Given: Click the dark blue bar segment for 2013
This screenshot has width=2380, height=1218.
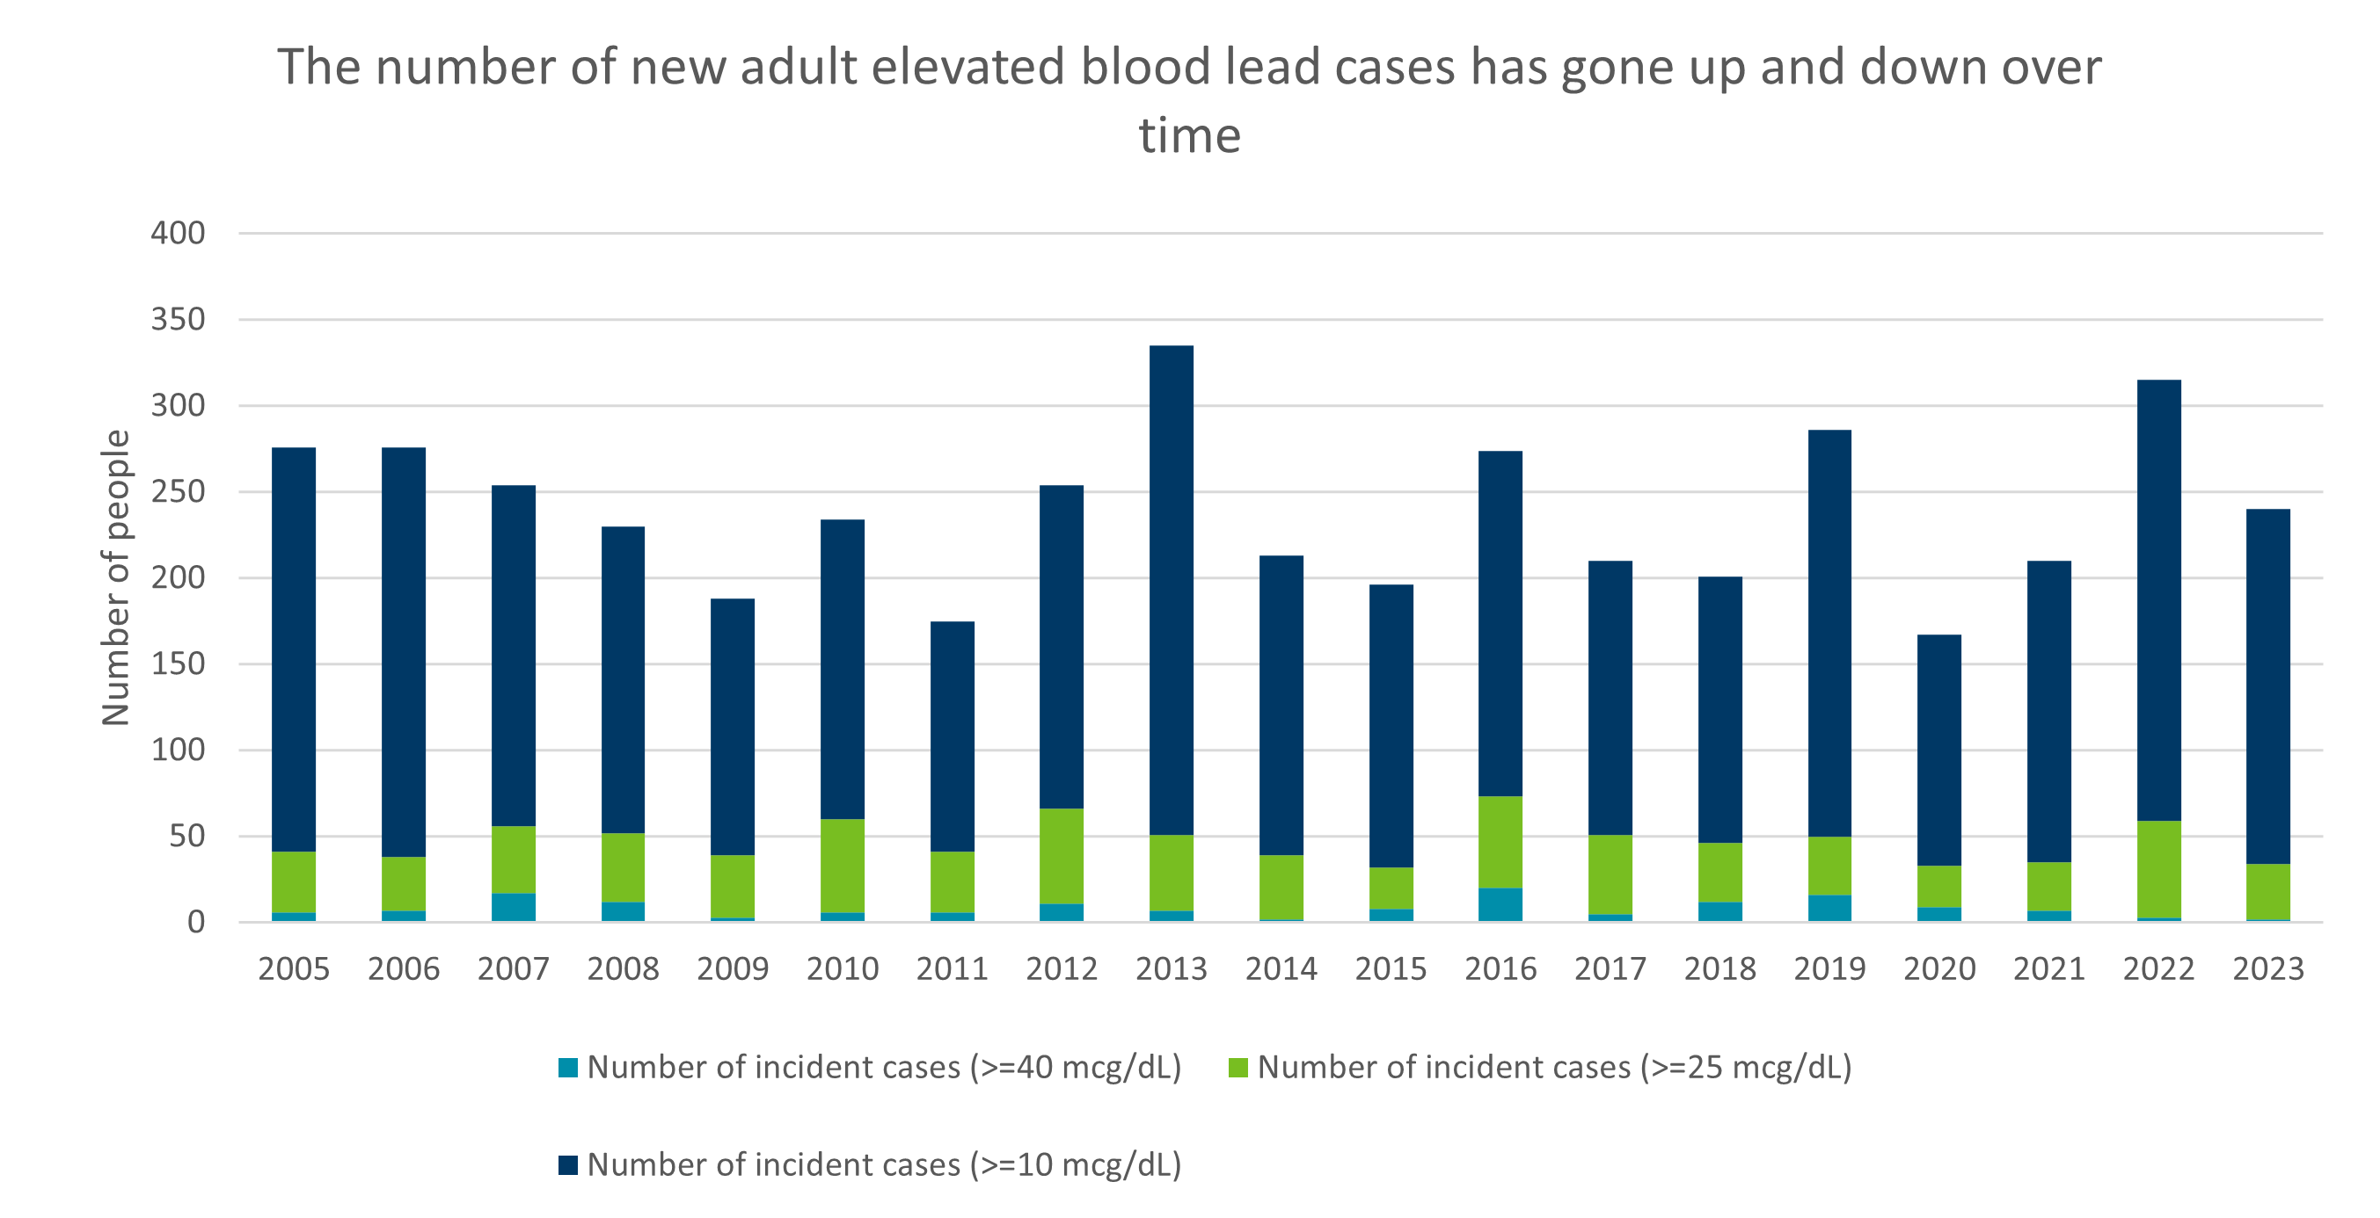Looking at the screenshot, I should tap(1171, 591).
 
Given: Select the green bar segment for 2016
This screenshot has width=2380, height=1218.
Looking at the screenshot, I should tap(1500, 842).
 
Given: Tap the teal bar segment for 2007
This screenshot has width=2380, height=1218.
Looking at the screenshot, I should tap(513, 907).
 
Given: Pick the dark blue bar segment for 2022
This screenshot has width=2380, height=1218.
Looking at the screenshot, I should tap(2158, 600).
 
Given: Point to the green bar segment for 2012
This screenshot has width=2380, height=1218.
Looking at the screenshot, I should tap(1061, 856).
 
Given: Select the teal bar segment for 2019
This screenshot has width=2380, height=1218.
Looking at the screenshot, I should tap(1829, 908).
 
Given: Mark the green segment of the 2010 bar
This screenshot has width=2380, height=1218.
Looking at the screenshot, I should tap(842, 866).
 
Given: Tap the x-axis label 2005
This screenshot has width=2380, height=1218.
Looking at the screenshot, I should tap(293, 968).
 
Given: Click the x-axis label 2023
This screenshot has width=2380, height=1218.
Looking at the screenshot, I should tap(2267, 968).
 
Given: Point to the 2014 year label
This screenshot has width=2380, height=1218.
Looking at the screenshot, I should tap(1281, 968).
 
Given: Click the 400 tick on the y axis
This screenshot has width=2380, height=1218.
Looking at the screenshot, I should tap(178, 233).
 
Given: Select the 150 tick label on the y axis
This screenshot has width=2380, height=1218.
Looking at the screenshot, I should tap(178, 663).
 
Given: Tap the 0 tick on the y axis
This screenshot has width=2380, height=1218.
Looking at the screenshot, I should tap(195, 922).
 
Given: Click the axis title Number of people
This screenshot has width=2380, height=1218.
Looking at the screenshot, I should tap(115, 577).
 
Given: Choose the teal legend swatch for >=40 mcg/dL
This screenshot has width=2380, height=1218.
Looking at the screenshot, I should tap(568, 1068).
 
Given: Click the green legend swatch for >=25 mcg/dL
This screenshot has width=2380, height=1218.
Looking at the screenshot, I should tap(1238, 1068).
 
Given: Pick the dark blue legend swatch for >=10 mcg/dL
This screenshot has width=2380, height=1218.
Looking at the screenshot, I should tap(568, 1164).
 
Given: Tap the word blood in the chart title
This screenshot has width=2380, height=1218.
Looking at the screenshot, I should tap(1146, 67).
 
